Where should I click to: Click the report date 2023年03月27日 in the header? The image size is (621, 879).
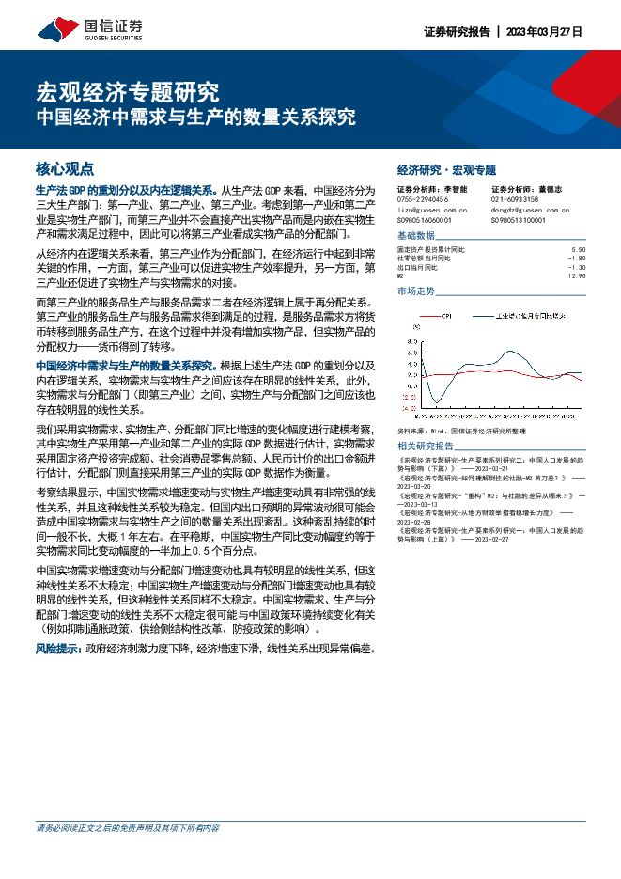544,31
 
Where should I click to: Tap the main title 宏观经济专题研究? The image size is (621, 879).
127,91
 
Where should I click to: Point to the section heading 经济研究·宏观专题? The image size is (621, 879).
445,170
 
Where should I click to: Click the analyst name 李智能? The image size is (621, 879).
456,190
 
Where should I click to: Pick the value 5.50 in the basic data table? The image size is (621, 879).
578,250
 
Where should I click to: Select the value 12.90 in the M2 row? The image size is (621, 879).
577,276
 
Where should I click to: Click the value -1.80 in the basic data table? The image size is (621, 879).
577,259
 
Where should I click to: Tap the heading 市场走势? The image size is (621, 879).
416,291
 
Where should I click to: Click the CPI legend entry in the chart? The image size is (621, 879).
443,317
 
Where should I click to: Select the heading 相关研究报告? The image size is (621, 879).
425,446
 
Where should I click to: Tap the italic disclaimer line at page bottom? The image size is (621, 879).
128,855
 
